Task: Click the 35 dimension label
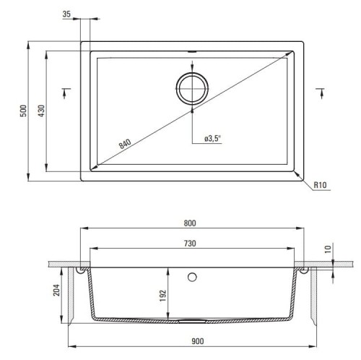coord(66,14)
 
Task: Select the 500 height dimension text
coord(23,111)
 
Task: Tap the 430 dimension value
coord(41,111)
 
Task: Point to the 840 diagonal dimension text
coord(125,144)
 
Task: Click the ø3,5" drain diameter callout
coord(212,139)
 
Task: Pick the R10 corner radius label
coord(320,185)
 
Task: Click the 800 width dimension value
coord(190,223)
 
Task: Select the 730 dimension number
coord(190,244)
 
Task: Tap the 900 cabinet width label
coord(198,341)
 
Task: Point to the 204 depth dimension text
coord(56,290)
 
